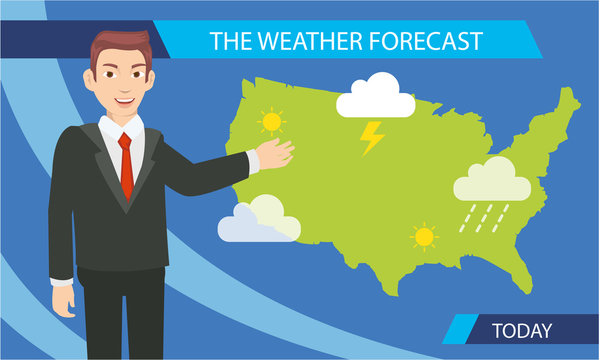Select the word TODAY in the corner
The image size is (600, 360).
(x=525, y=329)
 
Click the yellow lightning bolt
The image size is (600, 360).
(x=372, y=137)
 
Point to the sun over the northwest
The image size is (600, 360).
(x=270, y=122)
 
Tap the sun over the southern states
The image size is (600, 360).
(x=425, y=237)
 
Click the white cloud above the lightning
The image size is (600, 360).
(x=375, y=97)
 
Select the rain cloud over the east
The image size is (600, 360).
(x=492, y=182)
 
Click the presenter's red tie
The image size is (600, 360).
(x=126, y=165)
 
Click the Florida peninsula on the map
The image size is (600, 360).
(x=528, y=261)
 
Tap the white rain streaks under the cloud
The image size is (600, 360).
(x=484, y=216)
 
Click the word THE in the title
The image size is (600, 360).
(x=229, y=41)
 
